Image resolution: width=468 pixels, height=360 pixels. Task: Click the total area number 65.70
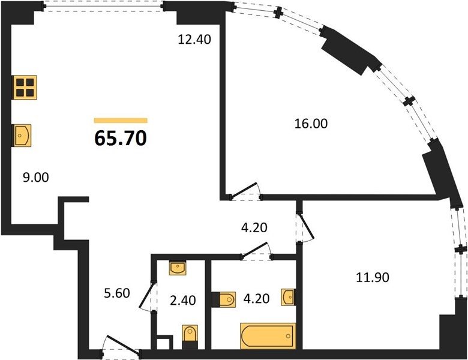click(121, 139)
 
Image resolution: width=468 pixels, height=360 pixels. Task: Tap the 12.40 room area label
click(194, 39)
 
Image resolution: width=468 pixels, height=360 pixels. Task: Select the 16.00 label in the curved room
click(311, 124)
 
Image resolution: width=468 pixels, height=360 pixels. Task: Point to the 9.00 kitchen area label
click(36, 178)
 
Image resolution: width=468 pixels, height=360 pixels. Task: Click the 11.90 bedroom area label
click(373, 278)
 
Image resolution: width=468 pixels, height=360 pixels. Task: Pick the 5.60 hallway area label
click(117, 293)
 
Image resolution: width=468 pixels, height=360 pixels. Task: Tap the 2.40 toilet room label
click(183, 300)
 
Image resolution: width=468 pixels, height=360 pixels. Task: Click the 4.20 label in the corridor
click(254, 228)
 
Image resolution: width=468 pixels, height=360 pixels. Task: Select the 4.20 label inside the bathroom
click(256, 298)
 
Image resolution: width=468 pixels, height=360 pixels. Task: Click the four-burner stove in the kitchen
click(25, 87)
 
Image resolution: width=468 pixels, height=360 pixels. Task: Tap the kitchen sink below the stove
click(22, 136)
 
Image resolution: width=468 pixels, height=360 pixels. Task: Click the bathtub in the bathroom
click(268, 336)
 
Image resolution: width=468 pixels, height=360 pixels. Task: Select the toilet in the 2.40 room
click(190, 337)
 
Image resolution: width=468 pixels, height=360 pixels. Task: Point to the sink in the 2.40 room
click(178, 268)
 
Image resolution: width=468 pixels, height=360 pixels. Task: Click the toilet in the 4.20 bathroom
click(224, 299)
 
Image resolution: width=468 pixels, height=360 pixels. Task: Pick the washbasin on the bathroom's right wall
click(289, 297)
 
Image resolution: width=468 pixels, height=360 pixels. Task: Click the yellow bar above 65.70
click(121, 120)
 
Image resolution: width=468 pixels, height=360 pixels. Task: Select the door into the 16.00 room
click(245, 191)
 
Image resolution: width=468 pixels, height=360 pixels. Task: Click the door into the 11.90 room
click(305, 227)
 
